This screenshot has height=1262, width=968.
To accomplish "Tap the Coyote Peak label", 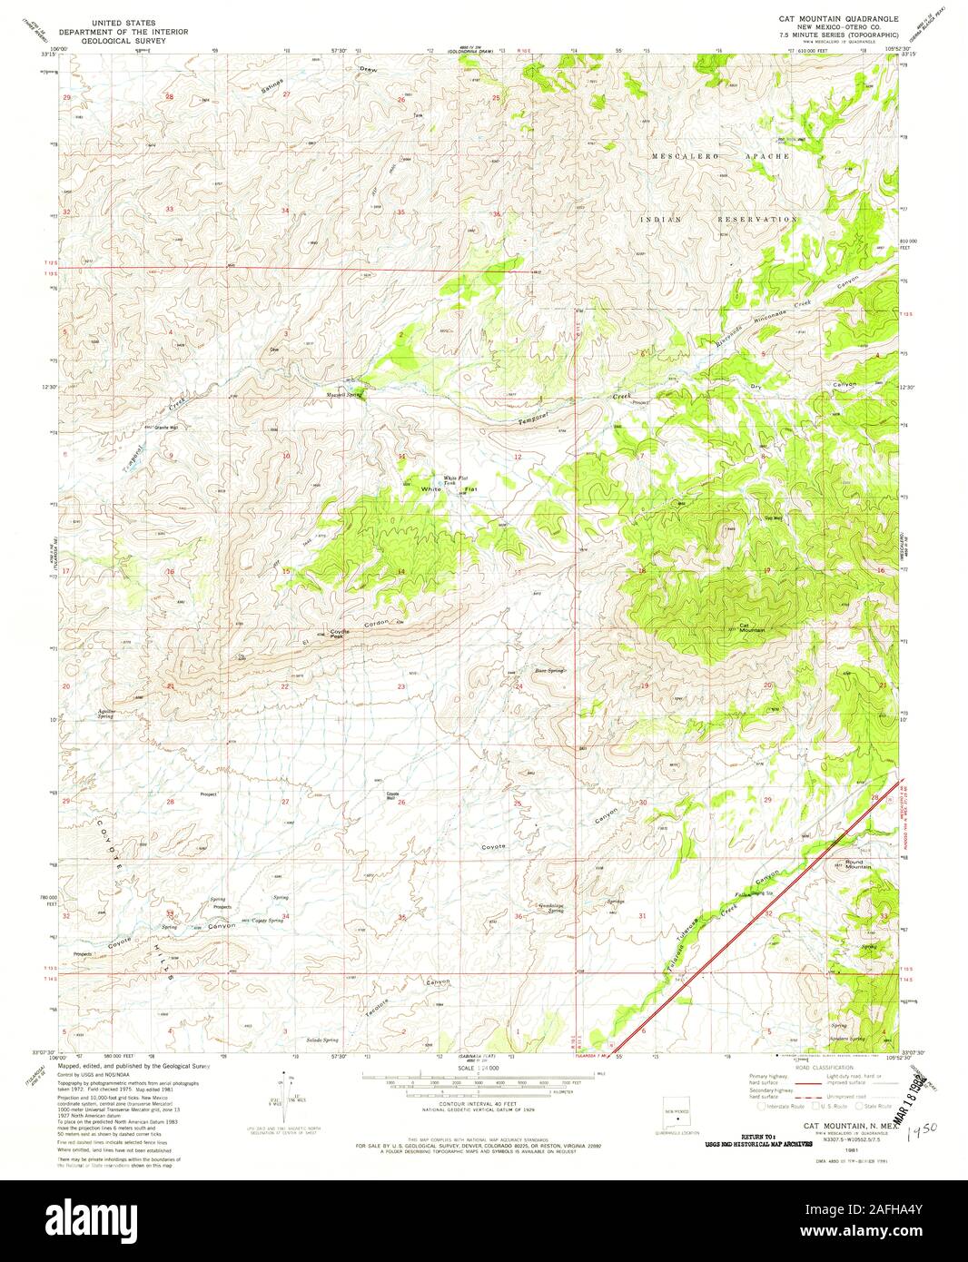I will (x=339, y=633).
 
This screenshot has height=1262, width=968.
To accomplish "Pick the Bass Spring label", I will (x=549, y=670).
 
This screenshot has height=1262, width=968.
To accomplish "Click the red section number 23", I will (x=400, y=686).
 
